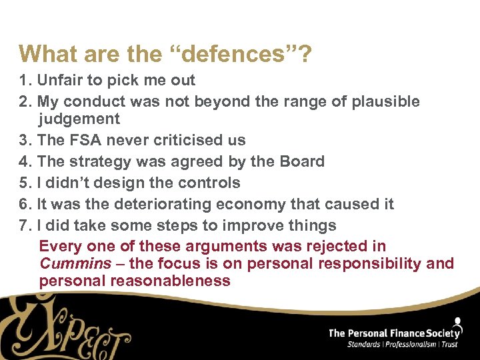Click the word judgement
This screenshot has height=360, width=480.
tap(79, 119)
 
